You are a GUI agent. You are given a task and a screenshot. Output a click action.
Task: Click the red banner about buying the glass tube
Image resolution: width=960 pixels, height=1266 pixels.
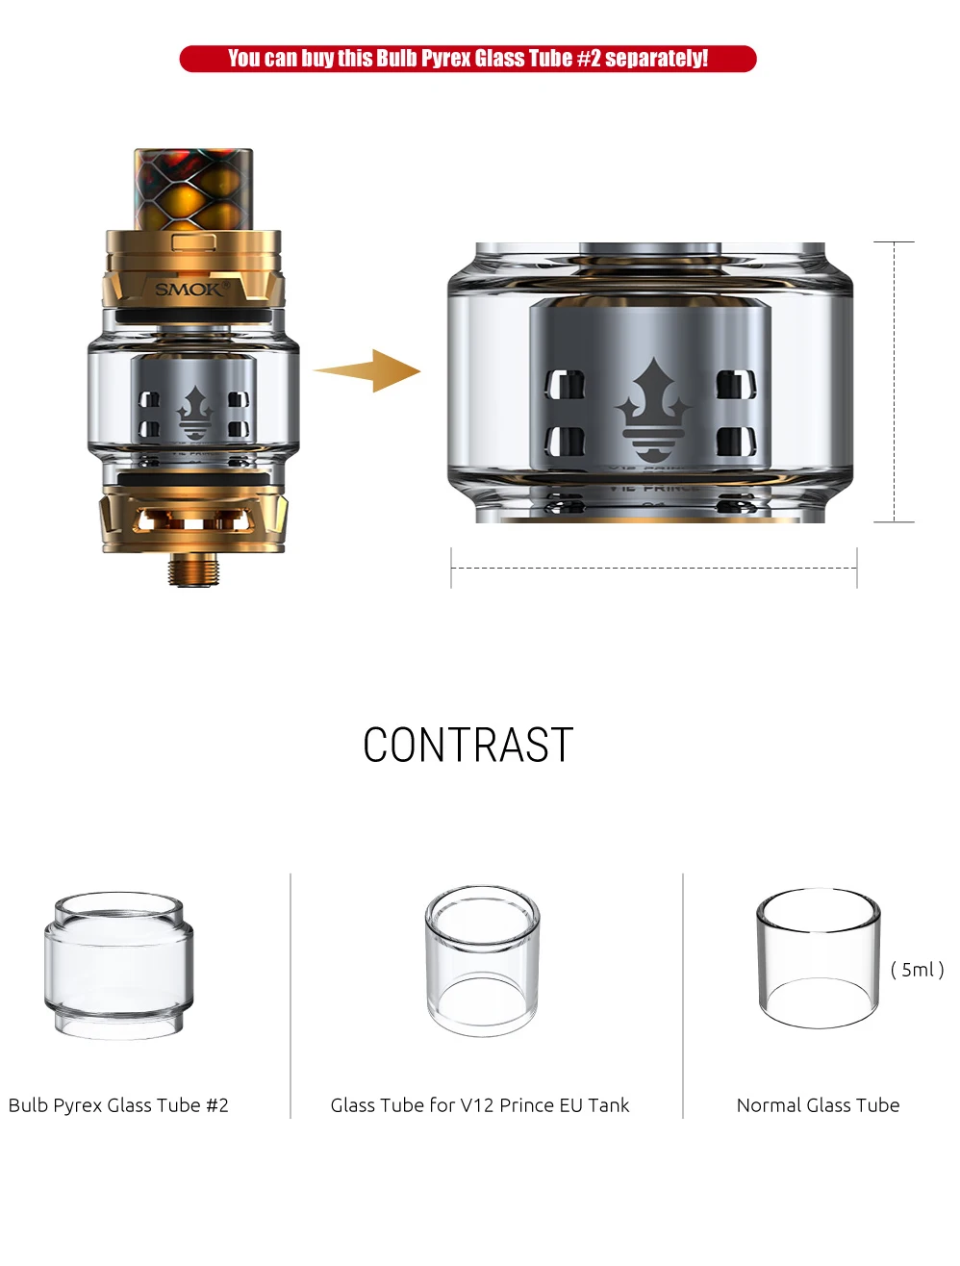(467, 59)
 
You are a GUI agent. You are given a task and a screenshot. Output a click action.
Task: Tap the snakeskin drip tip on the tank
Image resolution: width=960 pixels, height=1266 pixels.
(193, 190)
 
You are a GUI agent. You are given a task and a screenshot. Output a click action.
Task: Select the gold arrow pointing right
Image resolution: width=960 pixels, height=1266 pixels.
(367, 370)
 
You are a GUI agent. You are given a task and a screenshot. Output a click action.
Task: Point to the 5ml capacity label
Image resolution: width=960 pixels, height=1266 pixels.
(917, 970)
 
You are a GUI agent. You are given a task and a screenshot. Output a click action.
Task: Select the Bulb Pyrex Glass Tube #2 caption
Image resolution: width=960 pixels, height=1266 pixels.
(118, 1105)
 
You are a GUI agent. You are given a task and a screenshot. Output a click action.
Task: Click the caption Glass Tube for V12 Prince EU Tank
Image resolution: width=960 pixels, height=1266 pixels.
(480, 1105)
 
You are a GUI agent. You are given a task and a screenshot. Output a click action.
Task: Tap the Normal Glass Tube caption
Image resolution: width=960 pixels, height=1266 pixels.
(819, 1105)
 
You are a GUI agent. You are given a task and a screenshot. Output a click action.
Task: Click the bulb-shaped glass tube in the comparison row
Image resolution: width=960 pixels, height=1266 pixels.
(118, 965)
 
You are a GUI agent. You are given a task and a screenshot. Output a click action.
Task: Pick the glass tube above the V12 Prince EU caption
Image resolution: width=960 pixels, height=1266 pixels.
(483, 961)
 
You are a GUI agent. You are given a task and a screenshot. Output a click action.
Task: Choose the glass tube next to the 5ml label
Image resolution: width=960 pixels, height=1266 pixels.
(819, 958)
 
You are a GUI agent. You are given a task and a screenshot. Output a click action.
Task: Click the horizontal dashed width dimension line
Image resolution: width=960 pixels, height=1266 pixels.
(654, 569)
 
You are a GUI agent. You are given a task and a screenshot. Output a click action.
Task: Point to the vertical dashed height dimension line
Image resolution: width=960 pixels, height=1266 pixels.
(895, 382)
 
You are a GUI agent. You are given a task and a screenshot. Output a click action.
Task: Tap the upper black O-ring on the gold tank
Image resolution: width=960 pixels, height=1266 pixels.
(193, 316)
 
